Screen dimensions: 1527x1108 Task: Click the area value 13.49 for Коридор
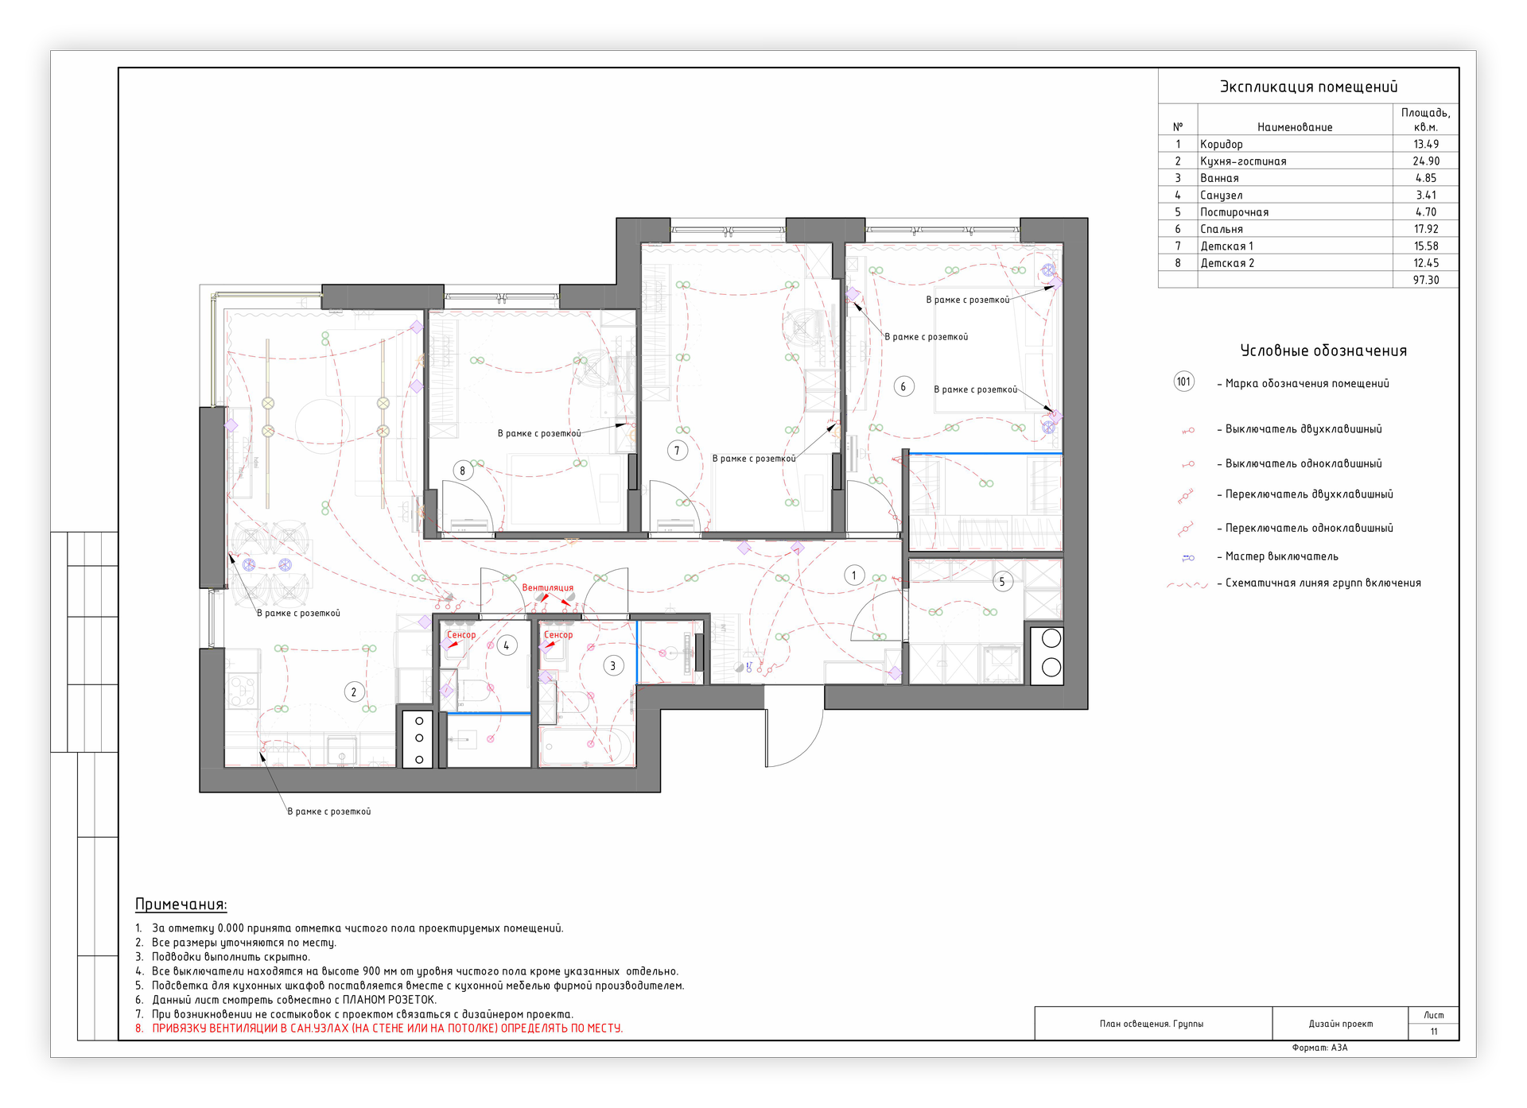click(x=1426, y=144)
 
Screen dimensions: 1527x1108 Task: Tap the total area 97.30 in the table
click(x=1426, y=280)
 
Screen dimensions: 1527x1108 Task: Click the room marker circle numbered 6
click(x=903, y=387)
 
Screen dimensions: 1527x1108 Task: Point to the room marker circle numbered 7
click(x=677, y=451)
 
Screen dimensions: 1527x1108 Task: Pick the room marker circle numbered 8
click(x=463, y=471)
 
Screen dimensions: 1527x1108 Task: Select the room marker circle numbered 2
click(x=354, y=692)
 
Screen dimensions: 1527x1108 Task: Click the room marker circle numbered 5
click(x=1002, y=582)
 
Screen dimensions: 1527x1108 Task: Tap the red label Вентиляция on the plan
click(x=547, y=588)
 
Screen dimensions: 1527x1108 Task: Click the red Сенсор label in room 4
click(x=461, y=634)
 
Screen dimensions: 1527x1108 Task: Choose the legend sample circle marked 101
click(x=1184, y=382)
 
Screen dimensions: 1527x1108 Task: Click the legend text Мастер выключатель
click(x=1282, y=556)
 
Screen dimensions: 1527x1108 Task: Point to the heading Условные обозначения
click(x=1323, y=351)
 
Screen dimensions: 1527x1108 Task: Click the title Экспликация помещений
click(x=1308, y=87)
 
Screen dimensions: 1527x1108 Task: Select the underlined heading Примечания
click(x=181, y=905)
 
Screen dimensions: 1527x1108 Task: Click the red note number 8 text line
click(x=379, y=1029)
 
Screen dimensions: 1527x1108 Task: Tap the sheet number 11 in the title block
click(x=1434, y=1032)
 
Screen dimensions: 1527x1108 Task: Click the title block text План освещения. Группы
click(x=1152, y=1024)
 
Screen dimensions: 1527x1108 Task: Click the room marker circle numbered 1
click(x=854, y=575)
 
